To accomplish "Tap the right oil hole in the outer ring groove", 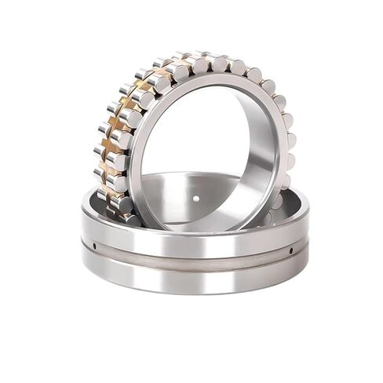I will tap(290, 250).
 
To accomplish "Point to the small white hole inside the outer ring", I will tap(195, 198).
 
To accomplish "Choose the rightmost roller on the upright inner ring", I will tap(289, 141).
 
